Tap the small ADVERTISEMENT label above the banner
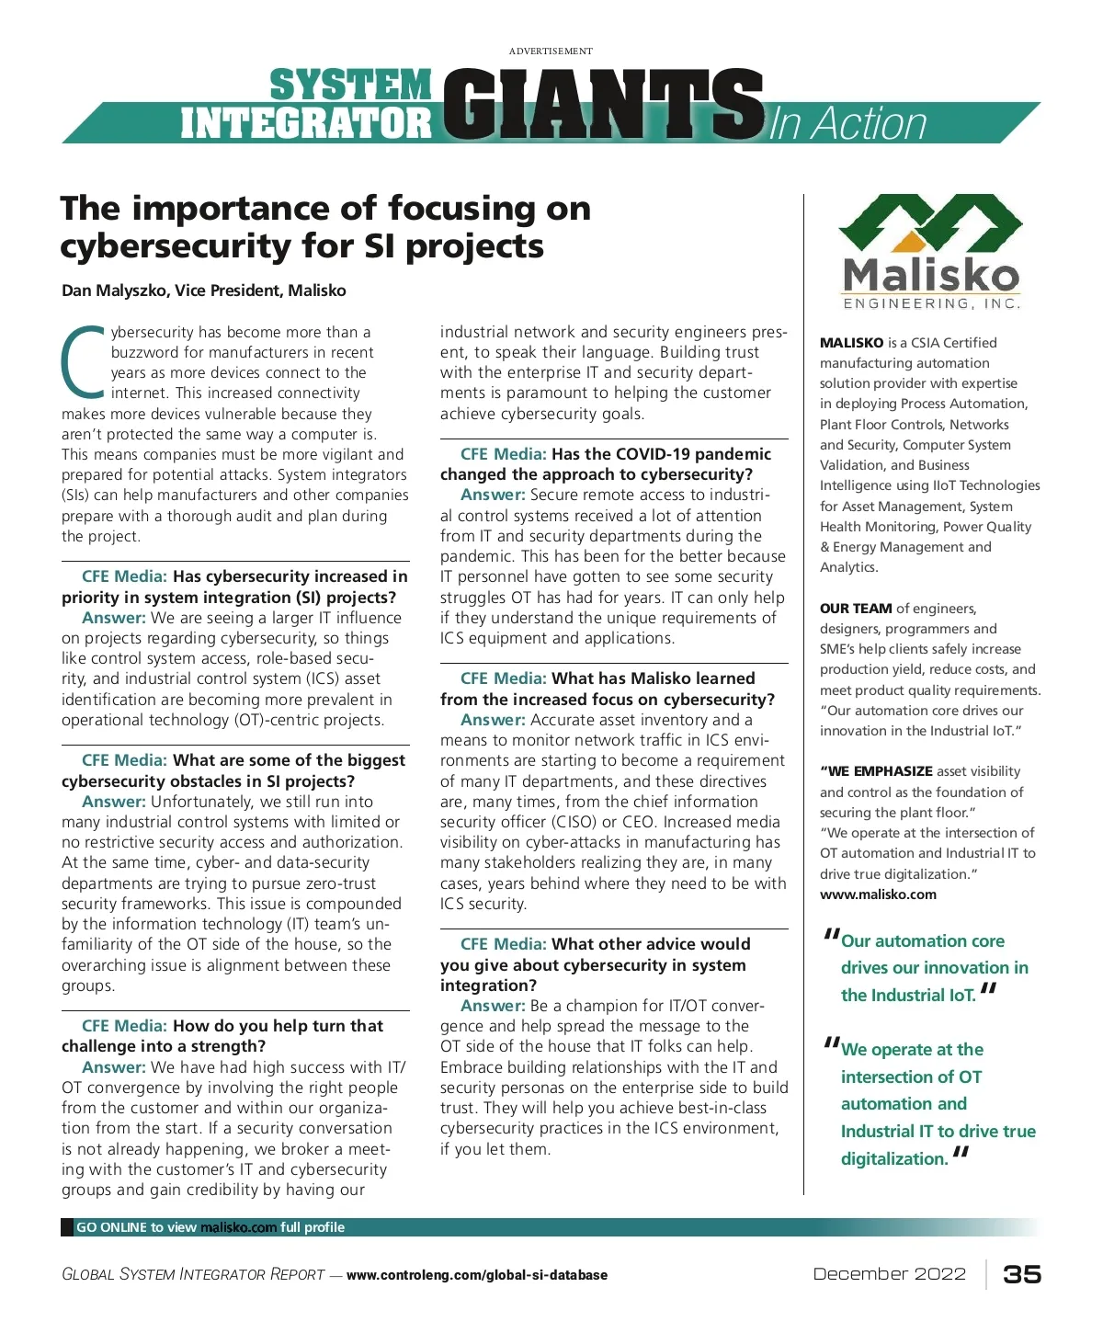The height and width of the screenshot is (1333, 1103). pyautogui.click(x=551, y=51)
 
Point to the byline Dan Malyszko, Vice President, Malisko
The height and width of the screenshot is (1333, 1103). pyautogui.click(x=204, y=291)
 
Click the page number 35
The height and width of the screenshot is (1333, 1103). pyautogui.click(x=1022, y=1274)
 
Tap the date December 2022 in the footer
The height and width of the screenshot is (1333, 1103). pyautogui.click(x=889, y=1274)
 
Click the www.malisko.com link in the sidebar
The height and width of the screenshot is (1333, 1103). pyautogui.click(x=878, y=894)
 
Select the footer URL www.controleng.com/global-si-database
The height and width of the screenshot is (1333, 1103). pyautogui.click(x=476, y=1275)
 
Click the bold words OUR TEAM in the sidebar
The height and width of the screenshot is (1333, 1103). pyautogui.click(x=856, y=608)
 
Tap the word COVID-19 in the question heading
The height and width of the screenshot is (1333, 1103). pyautogui.click(x=647, y=454)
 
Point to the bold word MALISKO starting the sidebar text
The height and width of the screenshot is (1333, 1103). pyautogui.click(x=851, y=343)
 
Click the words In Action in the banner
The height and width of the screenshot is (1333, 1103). pyautogui.click(x=847, y=123)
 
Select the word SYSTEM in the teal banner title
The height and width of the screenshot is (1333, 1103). pyautogui.click(x=350, y=85)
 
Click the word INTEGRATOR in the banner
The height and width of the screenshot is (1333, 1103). pyautogui.click(x=306, y=123)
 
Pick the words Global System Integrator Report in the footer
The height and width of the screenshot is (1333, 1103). pyautogui.click(x=193, y=1275)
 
